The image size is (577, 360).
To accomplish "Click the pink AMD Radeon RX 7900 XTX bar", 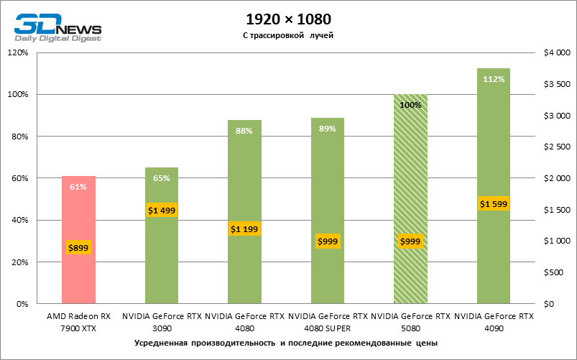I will [x=78, y=216].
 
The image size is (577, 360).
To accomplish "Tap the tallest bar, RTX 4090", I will [x=493, y=144].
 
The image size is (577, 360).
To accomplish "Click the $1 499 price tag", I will [x=162, y=211].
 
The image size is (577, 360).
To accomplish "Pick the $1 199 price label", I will [x=245, y=229].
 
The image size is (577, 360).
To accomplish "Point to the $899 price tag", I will [x=78, y=248].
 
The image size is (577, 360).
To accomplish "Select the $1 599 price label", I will [x=494, y=204].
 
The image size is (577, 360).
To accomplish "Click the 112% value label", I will [x=494, y=79].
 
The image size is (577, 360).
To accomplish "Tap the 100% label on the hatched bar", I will [x=410, y=105].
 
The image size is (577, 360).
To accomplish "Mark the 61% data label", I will [x=78, y=188].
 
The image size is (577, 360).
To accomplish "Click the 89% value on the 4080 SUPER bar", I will [x=328, y=129].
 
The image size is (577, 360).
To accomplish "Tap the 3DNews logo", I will [x=57, y=27].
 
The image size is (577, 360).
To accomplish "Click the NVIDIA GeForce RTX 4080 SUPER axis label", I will [x=328, y=321].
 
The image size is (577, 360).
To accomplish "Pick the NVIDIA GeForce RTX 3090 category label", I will [x=162, y=321].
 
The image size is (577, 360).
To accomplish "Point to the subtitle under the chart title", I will [x=288, y=35].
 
